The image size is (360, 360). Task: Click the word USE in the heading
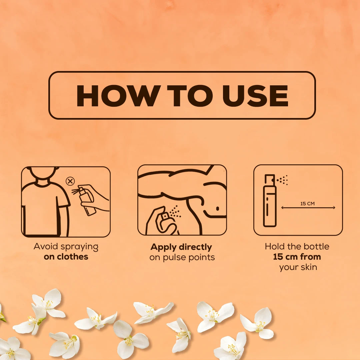coord(255,96)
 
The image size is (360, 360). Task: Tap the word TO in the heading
coord(190,96)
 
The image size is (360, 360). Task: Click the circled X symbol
coord(70,181)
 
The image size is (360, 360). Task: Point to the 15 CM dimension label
coord(307,203)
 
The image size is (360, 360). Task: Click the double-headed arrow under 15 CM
coord(308,208)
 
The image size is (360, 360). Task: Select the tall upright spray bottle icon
coord(270,200)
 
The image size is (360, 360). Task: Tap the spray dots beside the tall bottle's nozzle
coord(282,180)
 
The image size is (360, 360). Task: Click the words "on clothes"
coord(66,257)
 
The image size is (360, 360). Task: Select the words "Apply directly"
coord(181,247)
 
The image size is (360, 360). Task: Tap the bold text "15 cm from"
coord(297,257)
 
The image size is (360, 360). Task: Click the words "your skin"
coord(298,267)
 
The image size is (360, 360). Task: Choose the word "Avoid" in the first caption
coord(46,246)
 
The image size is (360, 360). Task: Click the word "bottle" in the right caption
coord(318,246)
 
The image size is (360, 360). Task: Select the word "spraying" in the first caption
coord(79,247)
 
